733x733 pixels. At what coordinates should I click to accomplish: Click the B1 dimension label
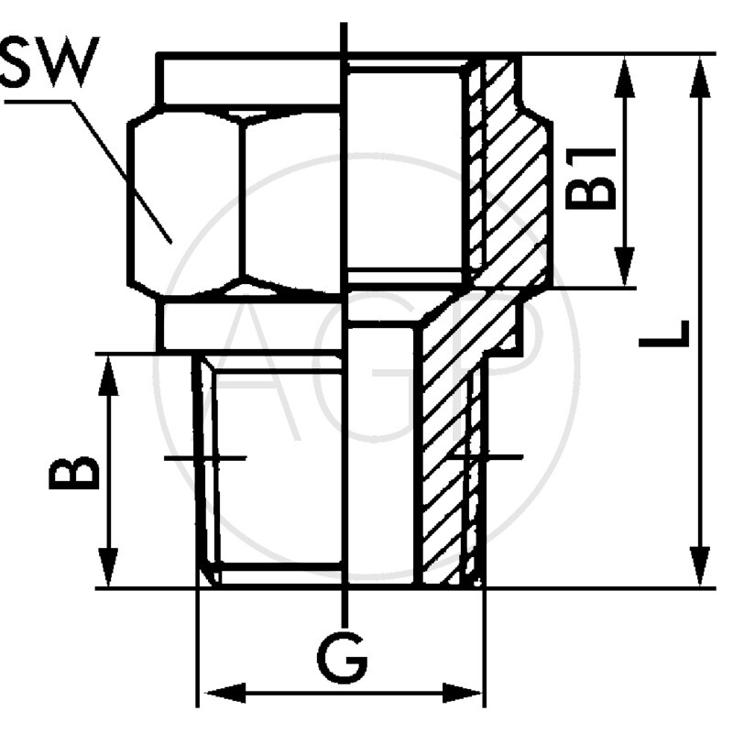(x=591, y=177)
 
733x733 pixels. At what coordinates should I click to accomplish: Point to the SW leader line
(x=119, y=165)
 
